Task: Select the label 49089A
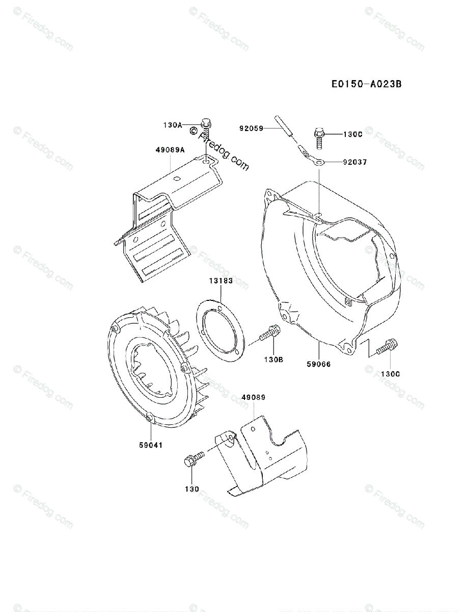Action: (x=171, y=150)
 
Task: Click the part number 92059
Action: (x=252, y=129)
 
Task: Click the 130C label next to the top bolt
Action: (x=352, y=135)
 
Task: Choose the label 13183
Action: (x=221, y=281)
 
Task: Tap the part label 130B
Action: (x=273, y=359)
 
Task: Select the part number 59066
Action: (x=319, y=364)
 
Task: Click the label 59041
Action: (x=151, y=445)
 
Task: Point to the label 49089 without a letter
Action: (x=253, y=397)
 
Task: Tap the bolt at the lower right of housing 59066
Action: (x=388, y=348)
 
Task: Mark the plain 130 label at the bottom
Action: (x=192, y=489)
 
